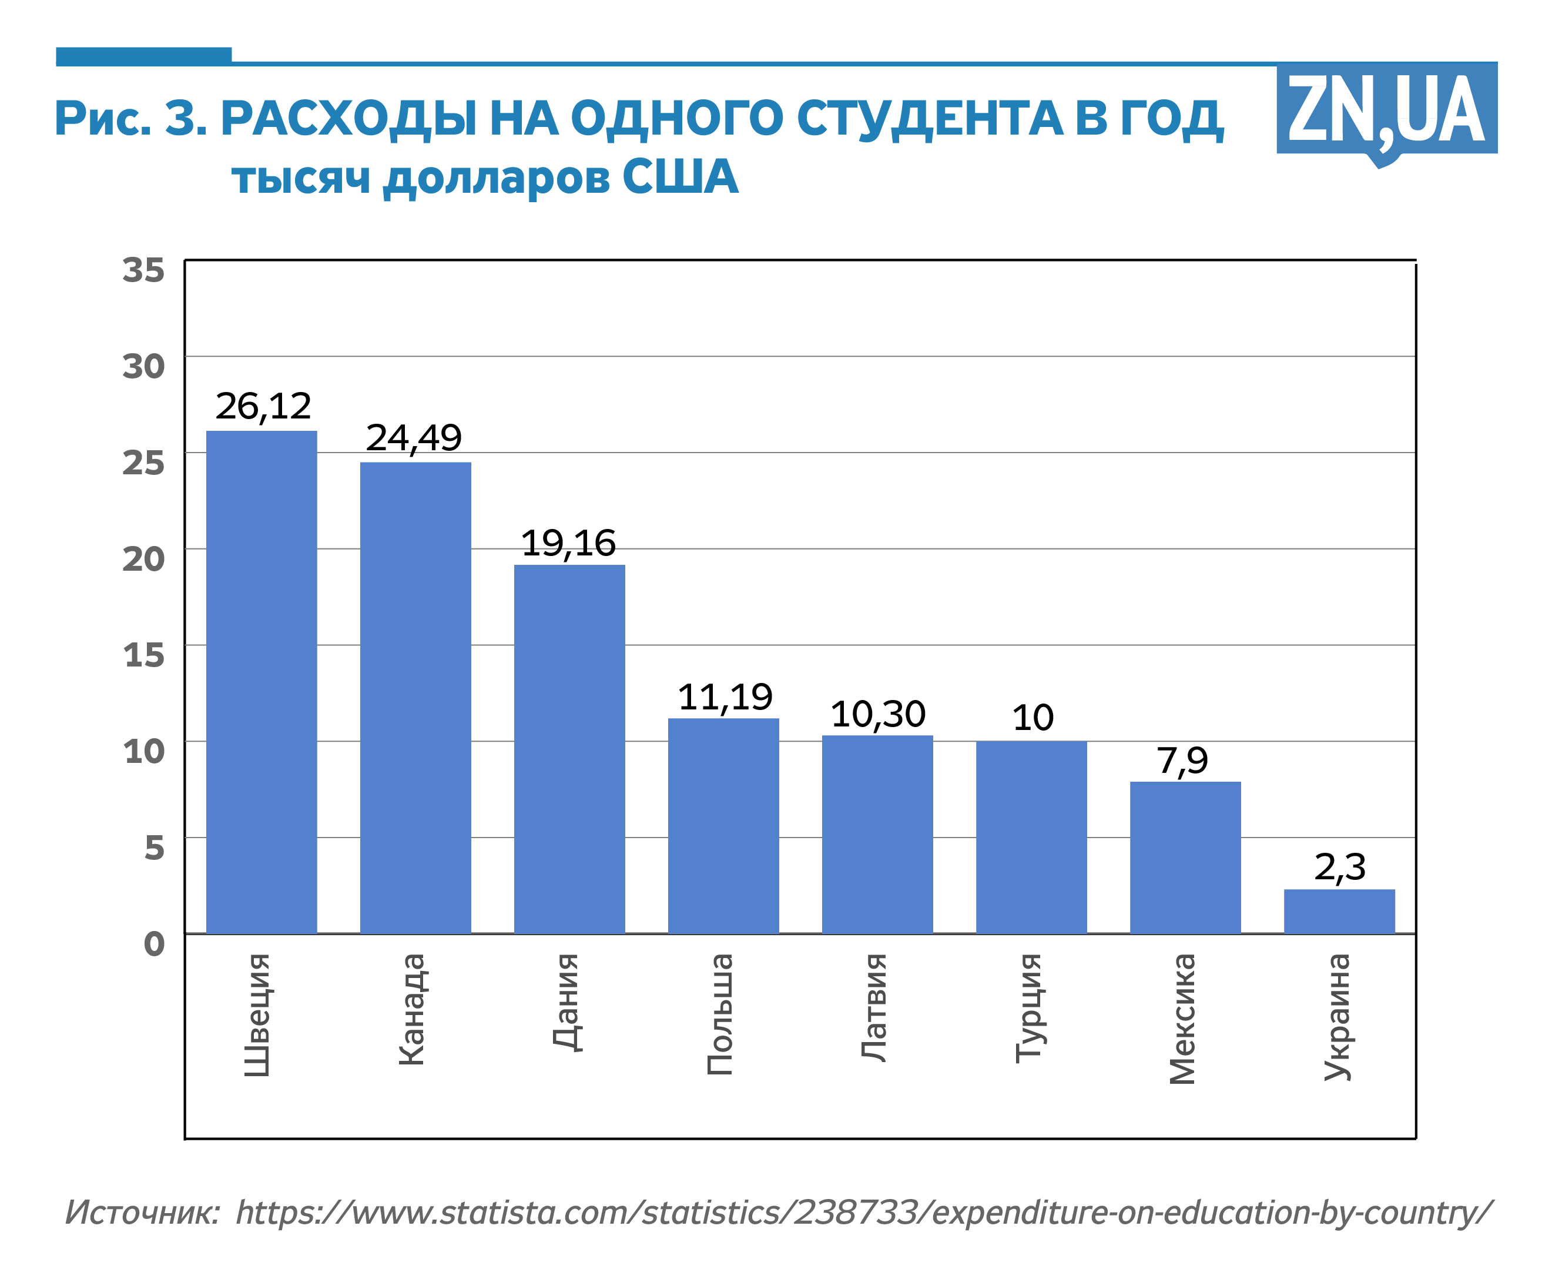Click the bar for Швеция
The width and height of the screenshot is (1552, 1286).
click(262, 681)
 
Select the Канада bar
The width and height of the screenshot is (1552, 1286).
click(415, 698)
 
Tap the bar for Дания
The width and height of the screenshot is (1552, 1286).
click(569, 749)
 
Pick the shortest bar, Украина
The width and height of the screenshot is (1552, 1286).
click(1339, 910)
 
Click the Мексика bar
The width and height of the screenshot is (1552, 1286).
click(1185, 858)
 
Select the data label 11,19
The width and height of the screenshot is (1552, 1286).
click(725, 697)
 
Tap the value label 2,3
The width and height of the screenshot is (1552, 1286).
click(1340, 867)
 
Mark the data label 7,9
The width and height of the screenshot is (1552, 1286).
click(1182, 761)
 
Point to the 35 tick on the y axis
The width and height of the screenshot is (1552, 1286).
click(143, 270)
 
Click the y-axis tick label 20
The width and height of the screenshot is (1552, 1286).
click(143, 559)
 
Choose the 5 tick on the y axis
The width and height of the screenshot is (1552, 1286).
click(154, 847)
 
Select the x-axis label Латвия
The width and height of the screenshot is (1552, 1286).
click(874, 1007)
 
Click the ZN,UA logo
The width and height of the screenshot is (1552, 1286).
click(1386, 111)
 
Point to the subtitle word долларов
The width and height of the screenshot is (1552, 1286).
click(497, 178)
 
